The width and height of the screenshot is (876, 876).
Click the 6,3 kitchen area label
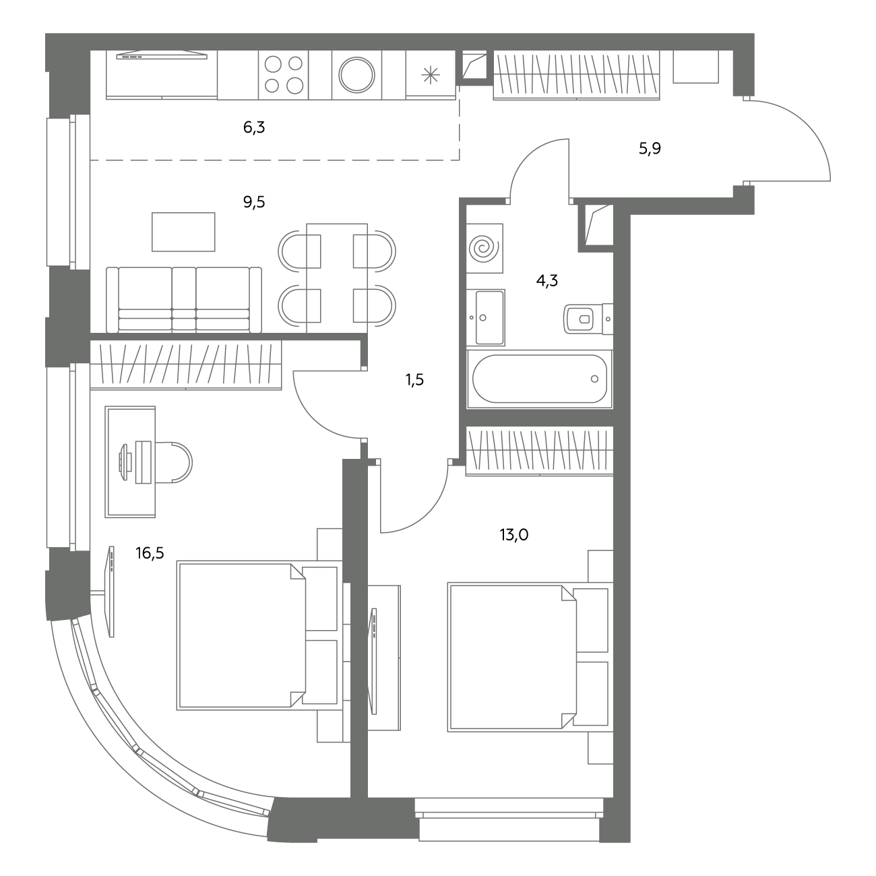pos(253,128)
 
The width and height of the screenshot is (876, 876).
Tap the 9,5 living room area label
pos(253,202)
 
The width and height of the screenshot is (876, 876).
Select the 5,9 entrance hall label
pos(650,148)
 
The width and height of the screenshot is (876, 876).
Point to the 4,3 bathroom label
pos(547,280)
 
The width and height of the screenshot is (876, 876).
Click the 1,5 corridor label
pos(414,379)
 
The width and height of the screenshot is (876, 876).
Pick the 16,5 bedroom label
pos(150,553)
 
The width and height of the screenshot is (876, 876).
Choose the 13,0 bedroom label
pos(514,534)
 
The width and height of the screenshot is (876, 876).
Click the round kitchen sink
pos(357,75)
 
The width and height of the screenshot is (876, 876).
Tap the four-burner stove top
pos(283,75)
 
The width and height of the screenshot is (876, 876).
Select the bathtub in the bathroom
pos(540,379)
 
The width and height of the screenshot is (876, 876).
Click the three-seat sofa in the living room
pos(184,300)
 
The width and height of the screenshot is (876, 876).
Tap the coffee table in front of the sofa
pos(183,232)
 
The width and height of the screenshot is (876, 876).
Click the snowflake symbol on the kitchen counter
pos(431,75)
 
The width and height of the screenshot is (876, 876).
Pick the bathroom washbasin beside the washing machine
pos(490,317)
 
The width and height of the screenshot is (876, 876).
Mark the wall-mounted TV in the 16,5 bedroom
pos(110,591)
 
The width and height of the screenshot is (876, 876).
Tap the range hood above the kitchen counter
pos(162,55)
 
